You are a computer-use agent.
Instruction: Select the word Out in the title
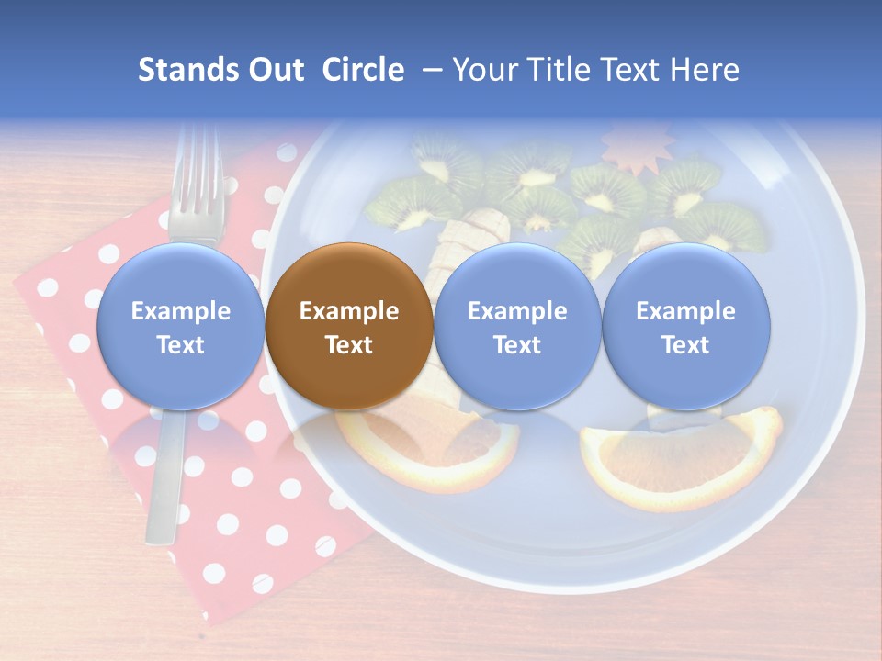point(276,70)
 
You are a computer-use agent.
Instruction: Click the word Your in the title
point(484,70)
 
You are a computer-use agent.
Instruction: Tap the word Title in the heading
point(555,70)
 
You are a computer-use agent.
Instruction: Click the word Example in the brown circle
point(349,311)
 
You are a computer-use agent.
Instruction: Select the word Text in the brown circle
point(349,345)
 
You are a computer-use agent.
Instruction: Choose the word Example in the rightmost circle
point(685,311)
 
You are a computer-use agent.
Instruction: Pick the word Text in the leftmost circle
point(180,345)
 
